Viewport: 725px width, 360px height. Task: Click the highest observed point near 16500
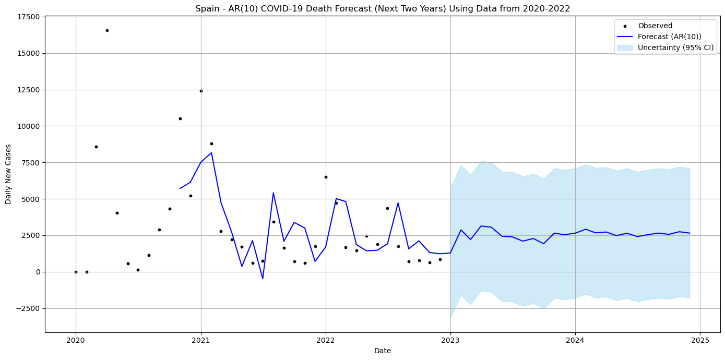(107, 30)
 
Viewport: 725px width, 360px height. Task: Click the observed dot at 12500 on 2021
(201, 91)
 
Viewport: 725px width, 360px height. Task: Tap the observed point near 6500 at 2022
(326, 177)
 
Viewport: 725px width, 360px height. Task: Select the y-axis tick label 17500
(28, 17)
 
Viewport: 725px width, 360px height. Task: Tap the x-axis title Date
(382, 351)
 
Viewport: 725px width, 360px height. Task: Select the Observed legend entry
(655, 26)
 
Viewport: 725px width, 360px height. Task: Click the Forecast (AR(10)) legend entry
(669, 37)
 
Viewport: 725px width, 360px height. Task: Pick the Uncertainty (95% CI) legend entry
(675, 47)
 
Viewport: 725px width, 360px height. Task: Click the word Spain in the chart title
(206, 9)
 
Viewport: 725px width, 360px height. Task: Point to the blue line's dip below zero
(263, 279)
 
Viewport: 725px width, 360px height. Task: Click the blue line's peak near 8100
(211, 153)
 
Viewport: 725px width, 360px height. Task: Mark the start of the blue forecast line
(180, 188)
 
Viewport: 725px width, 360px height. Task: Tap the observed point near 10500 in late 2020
(180, 118)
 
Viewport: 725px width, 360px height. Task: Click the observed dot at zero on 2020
(76, 272)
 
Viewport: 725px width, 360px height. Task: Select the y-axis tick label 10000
(28, 126)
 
